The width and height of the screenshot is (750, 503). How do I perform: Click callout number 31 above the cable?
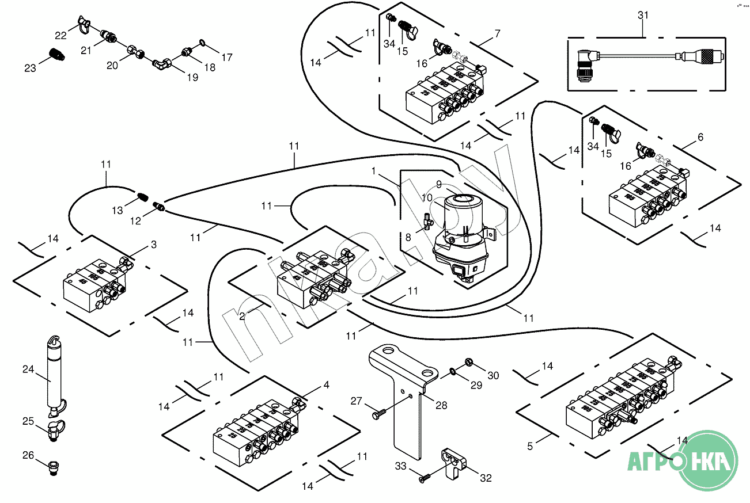pos(643,16)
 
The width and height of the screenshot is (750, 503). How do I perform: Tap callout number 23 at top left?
pos(30,68)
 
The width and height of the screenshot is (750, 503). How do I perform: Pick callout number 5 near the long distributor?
pos(531,445)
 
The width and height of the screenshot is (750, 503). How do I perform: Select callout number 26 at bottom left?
pos(28,455)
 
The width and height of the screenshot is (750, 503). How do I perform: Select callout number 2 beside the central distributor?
pos(243,315)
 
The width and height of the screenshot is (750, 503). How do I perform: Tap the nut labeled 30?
pos(468,363)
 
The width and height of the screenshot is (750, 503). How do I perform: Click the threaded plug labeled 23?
pos(56,55)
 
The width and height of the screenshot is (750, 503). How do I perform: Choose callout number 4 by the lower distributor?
pos(326,386)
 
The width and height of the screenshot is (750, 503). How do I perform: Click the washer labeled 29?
pos(454,373)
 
